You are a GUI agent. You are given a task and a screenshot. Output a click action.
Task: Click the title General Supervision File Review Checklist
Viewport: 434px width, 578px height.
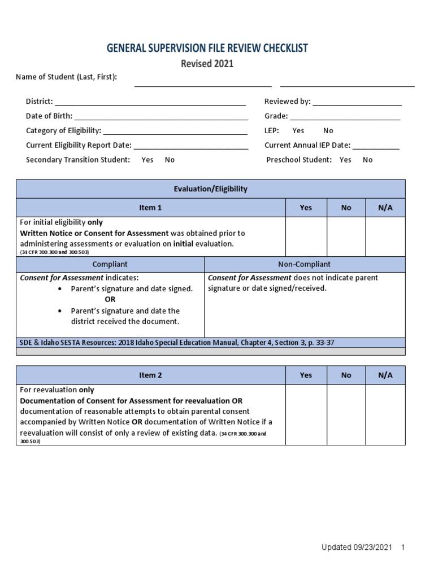[x=207, y=48]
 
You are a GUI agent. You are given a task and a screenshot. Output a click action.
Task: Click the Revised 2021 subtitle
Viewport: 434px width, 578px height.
[x=207, y=64]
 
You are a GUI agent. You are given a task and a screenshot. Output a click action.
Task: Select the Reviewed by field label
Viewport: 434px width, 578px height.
[x=287, y=102]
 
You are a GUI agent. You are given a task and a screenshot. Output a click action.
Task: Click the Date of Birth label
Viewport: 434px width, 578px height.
[x=49, y=116]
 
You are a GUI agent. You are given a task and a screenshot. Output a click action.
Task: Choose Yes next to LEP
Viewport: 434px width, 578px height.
[x=298, y=131]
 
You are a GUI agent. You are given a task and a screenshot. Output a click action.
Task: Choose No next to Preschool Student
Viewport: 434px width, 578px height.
[x=367, y=160]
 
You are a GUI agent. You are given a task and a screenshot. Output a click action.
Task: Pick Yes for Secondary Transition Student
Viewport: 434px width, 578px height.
[x=147, y=160]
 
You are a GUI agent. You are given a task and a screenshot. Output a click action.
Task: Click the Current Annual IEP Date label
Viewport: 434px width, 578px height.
[x=307, y=145]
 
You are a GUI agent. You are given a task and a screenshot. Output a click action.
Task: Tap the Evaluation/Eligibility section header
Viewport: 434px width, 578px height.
[x=210, y=189]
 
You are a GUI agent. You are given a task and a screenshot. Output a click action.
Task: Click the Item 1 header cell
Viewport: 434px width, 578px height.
[x=150, y=208]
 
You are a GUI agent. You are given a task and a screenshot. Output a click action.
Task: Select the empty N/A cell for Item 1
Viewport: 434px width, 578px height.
[x=385, y=237]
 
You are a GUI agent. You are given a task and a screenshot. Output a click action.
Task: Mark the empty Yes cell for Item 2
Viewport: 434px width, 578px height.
[x=306, y=414]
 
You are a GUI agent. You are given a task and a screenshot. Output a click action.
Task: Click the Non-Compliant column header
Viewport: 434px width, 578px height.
[x=304, y=264]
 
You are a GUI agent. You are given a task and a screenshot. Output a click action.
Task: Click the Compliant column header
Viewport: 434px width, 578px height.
[x=110, y=264]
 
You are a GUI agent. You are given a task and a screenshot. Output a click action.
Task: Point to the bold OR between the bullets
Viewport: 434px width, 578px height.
[x=110, y=300]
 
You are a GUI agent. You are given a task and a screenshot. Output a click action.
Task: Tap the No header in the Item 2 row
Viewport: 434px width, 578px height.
[x=346, y=375]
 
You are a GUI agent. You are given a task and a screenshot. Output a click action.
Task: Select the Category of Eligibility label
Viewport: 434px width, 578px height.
[x=63, y=131]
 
